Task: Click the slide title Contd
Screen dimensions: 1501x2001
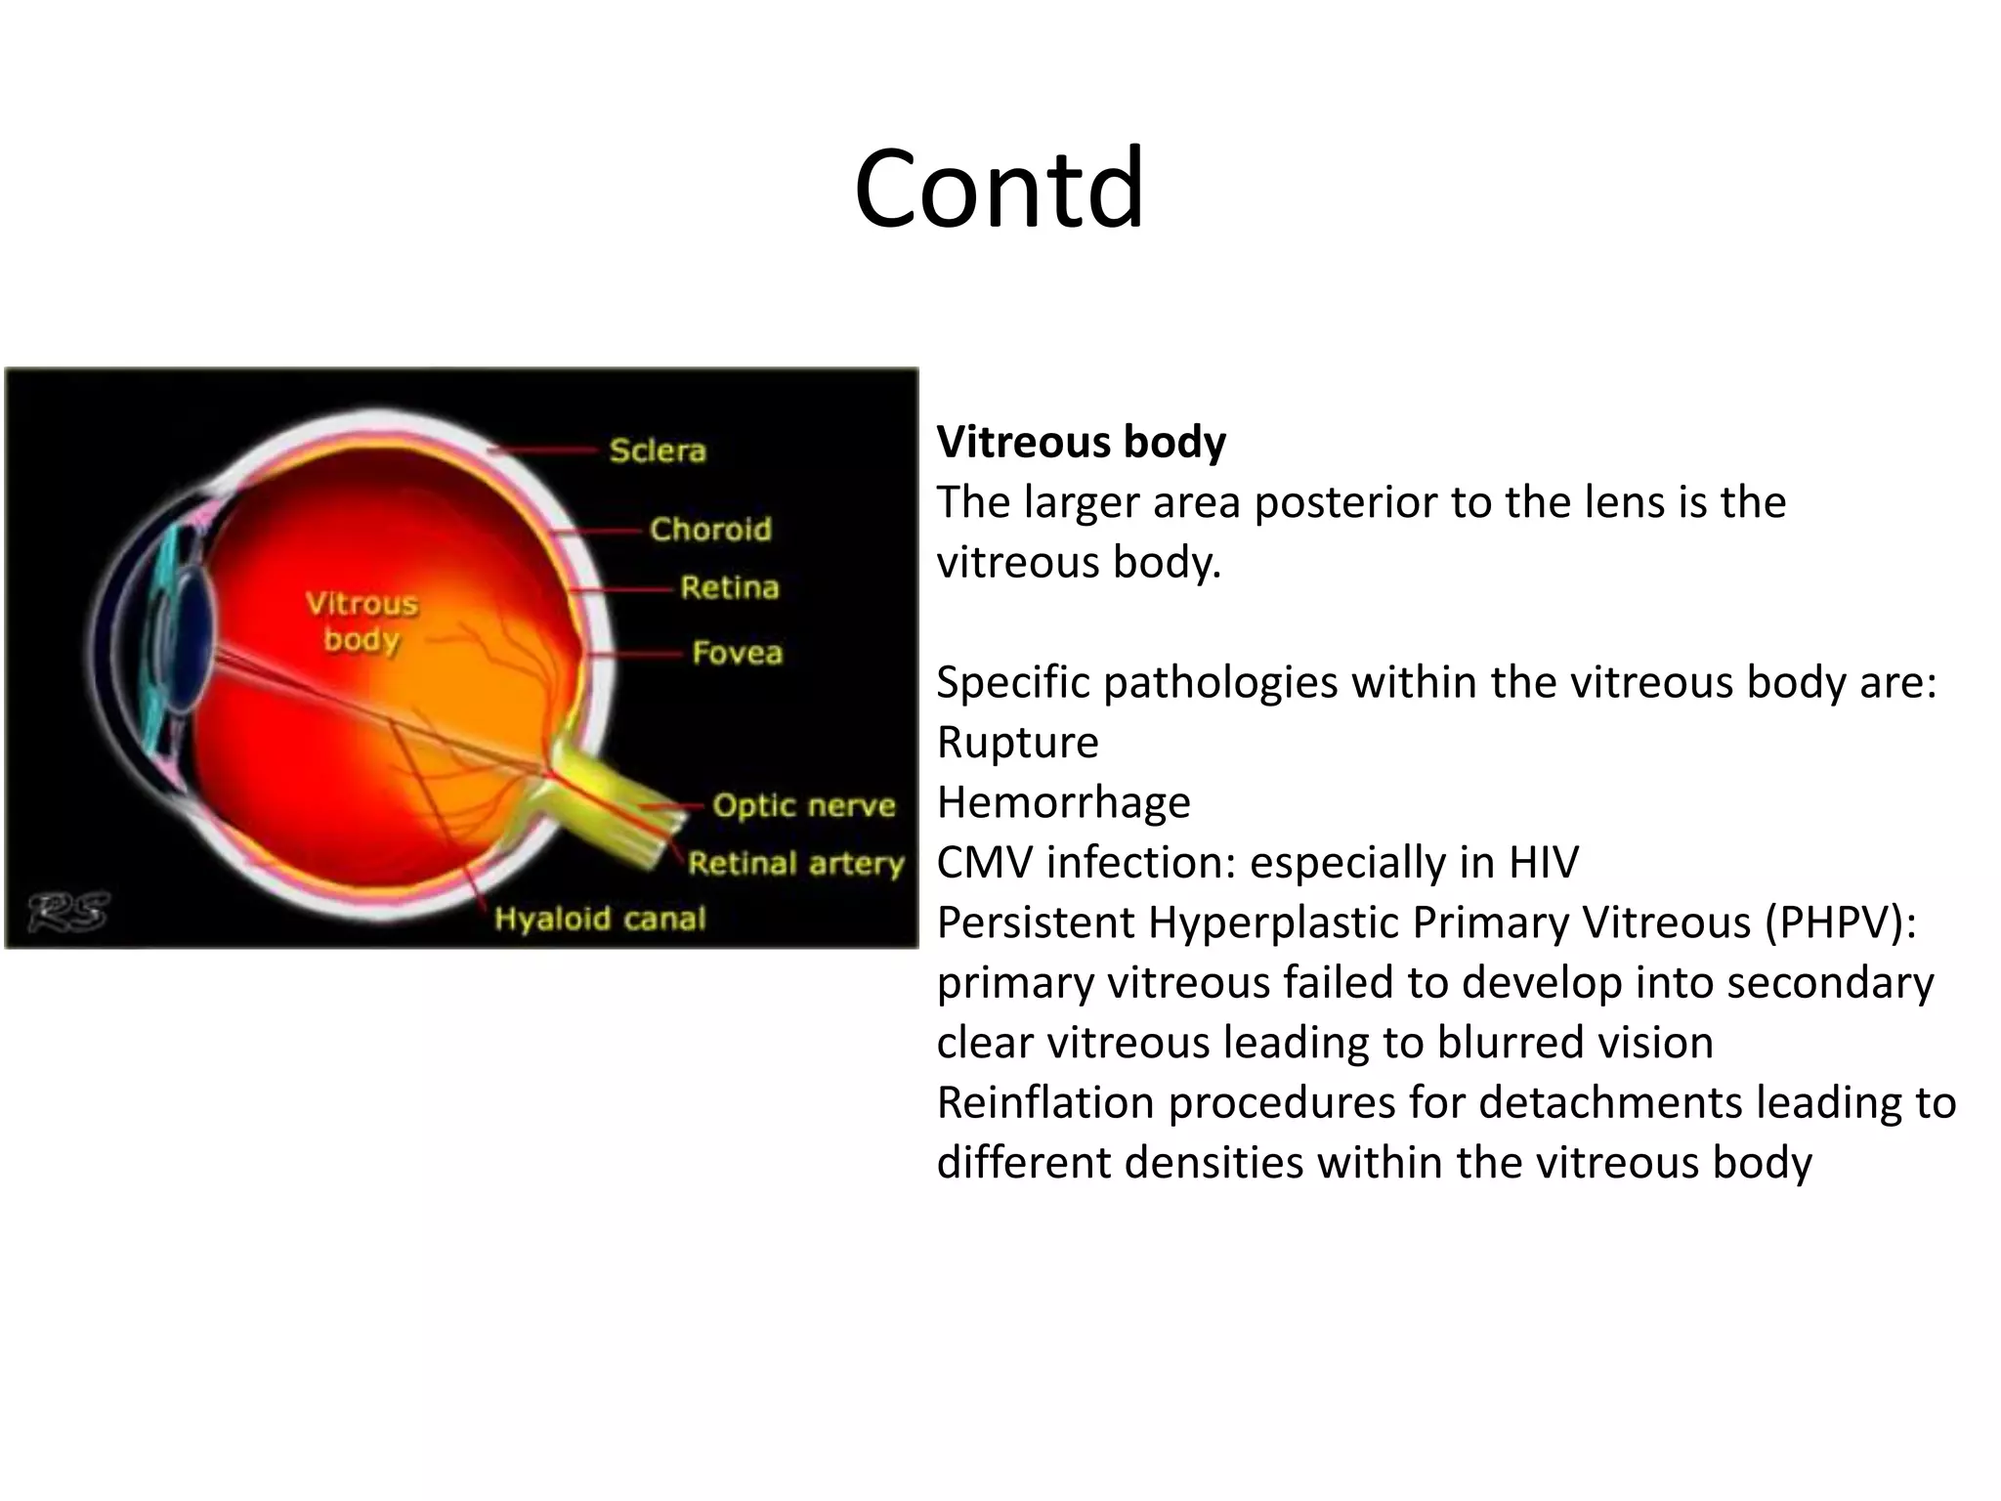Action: [999, 188]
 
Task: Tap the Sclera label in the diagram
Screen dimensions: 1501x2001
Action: [657, 450]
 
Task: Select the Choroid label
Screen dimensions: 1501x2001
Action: [710, 529]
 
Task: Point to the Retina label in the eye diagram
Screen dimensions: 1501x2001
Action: [729, 587]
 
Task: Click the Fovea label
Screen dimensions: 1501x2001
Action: [737, 653]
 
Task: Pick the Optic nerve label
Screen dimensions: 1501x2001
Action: [803, 805]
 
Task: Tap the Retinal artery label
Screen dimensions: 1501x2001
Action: [795, 864]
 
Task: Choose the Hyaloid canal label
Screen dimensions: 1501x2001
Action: [599, 919]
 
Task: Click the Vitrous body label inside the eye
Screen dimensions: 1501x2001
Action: [362, 622]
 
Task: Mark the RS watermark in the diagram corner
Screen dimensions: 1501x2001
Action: [67, 912]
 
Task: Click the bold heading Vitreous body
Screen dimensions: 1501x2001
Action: [1081, 442]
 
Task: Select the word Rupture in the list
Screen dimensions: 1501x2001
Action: [1017, 743]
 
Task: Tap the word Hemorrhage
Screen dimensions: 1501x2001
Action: [1063, 802]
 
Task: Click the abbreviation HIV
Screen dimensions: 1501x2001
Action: [1543, 863]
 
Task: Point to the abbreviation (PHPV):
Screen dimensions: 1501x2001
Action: [1841, 922]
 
